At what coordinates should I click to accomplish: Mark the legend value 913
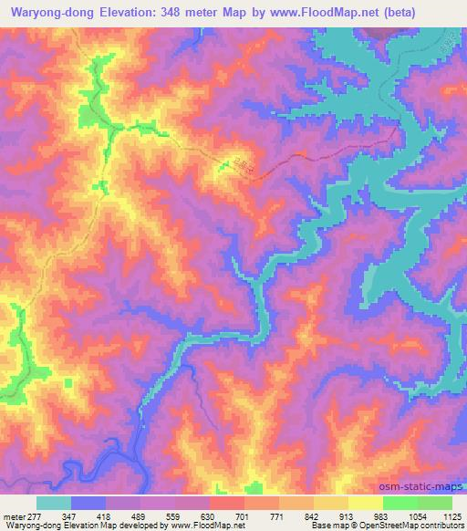(x=348, y=515)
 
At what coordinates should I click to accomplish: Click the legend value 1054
(x=415, y=515)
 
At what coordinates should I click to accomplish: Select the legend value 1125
(x=450, y=515)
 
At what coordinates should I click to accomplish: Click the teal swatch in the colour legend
(x=54, y=503)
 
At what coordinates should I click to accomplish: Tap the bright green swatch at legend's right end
(x=434, y=503)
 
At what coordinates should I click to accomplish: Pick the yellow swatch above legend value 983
(x=365, y=503)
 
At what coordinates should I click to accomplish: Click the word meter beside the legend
(x=14, y=515)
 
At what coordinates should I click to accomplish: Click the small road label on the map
(x=239, y=165)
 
